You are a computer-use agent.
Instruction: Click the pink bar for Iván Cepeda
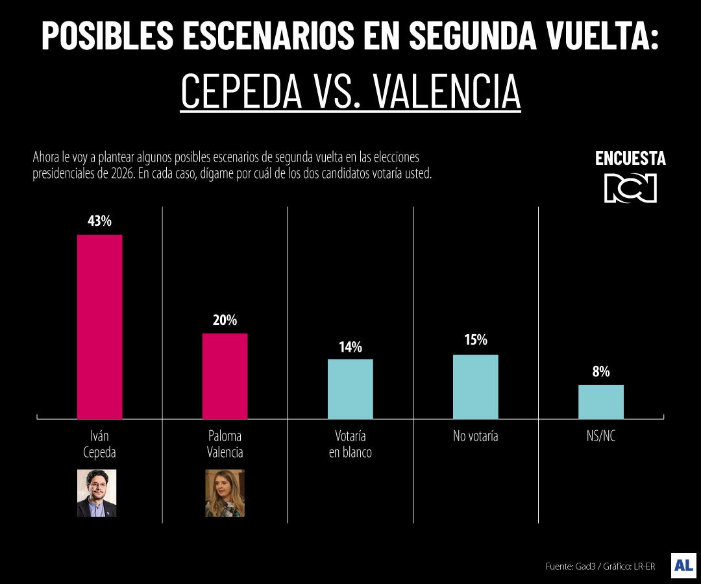pos(99,326)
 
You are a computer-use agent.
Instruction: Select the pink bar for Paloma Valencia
pos(225,376)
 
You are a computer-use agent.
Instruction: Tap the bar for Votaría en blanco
pos(350,389)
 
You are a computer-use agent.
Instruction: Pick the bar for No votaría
pos(475,386)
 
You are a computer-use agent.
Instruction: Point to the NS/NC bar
pos(600,402)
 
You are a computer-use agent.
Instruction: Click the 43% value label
pos(99,221)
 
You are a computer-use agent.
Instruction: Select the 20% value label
pos(225,320)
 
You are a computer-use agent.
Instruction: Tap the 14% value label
pos(350,347)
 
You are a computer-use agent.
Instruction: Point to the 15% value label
pos(475,340)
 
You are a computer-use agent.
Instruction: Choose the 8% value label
pos(600,372)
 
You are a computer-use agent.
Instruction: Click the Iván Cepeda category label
pos(99,444)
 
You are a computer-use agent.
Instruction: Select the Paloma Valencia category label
pos(225,444)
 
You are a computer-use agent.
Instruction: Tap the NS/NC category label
pos(600,436)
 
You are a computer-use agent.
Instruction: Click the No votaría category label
pos(475,436)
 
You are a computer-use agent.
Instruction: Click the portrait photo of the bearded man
pos(97,493)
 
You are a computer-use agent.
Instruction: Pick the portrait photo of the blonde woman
pos(225,493)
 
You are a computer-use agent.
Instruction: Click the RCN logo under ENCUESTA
pos(630,188)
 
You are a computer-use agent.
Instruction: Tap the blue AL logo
pos(683,565)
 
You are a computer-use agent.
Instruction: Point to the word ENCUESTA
pos(630,159)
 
